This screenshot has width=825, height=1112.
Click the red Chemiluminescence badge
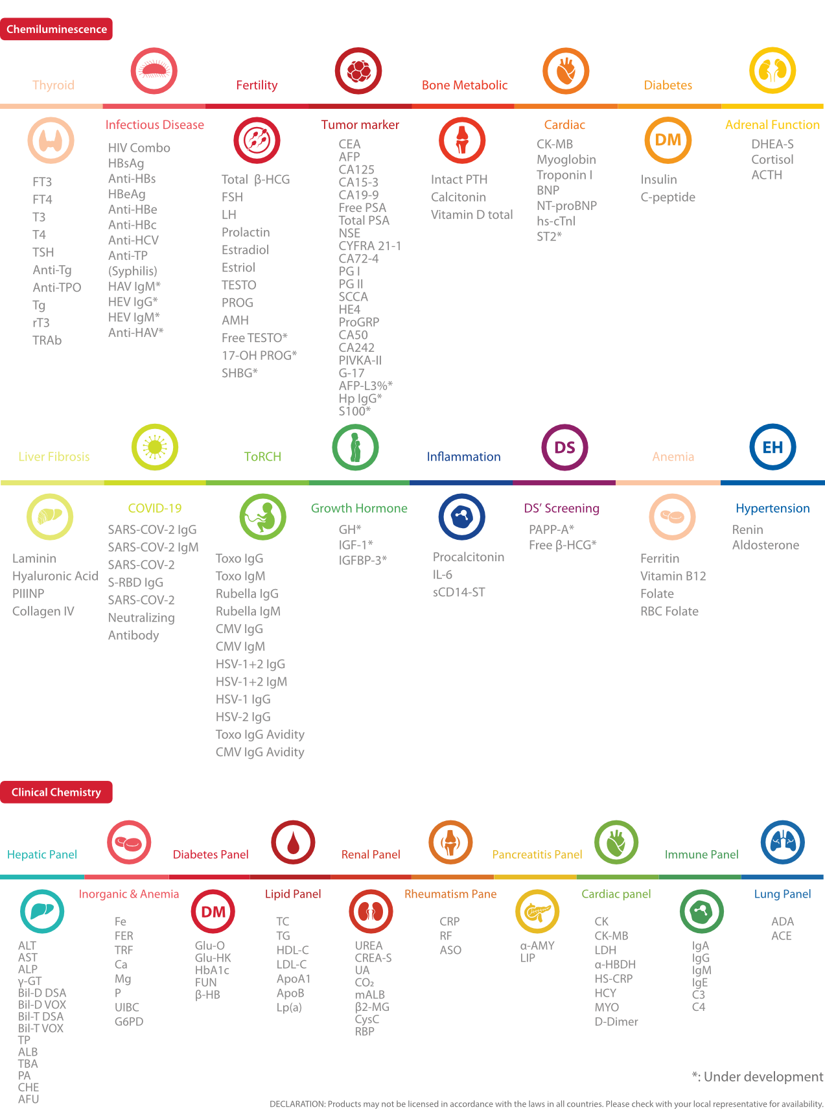coord(56,29)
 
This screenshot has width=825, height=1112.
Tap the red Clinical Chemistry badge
coord(56,792)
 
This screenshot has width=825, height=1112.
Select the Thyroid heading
coord(53,85)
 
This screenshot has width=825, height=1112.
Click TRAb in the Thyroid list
coord(47,340)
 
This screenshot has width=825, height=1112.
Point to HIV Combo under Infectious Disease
coord(139,148)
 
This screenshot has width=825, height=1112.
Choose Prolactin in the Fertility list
coord(246,232)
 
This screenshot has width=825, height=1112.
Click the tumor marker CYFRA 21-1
coord(369,246)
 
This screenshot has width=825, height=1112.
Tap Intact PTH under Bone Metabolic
coord(459,180)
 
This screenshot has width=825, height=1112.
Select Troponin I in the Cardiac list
coord(564,175)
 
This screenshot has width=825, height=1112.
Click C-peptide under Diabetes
coord(668,197)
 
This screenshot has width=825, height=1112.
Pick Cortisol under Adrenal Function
coord(772,159)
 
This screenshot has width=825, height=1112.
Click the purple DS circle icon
coord(564,447)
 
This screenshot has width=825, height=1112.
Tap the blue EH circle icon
coord(773,447)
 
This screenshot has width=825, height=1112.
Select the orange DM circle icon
coord(668,140)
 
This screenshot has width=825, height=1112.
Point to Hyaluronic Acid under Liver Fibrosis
coord(55,576)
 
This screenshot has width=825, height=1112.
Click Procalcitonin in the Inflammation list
coord(468,557)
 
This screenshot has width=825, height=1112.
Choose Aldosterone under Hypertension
coord(765,545)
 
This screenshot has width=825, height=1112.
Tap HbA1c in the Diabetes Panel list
coord(212,970)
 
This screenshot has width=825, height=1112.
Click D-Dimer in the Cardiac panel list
coord(616,1021)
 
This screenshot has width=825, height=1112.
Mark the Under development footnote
coord(758,1076)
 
